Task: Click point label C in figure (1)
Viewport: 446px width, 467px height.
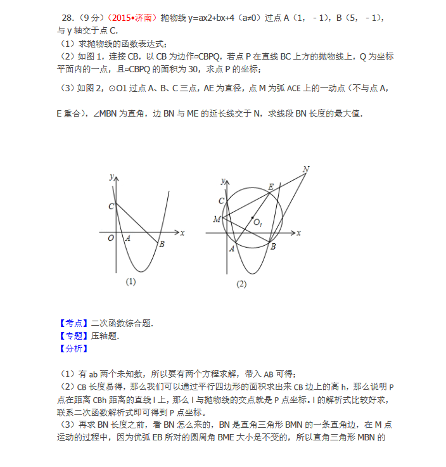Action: (111, 206)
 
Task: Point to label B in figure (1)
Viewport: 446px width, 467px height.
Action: (162, 245)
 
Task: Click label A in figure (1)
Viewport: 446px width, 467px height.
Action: (127, 238)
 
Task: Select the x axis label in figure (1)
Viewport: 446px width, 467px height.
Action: (182, 233)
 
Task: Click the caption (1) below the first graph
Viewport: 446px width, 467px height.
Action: (131, 281)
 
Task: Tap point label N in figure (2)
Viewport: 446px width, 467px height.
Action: (306, 169)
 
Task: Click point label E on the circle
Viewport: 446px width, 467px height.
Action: (271, 186)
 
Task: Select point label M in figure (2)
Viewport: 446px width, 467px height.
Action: (217, 219)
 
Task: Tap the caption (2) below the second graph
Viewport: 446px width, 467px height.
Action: (241, 285)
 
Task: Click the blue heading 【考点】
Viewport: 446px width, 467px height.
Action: (73, 323)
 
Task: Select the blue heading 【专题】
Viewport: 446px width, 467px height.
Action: (73, 336)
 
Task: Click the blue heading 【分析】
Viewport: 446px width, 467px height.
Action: (73, 349)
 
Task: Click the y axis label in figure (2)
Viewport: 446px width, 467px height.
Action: (222, 181)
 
